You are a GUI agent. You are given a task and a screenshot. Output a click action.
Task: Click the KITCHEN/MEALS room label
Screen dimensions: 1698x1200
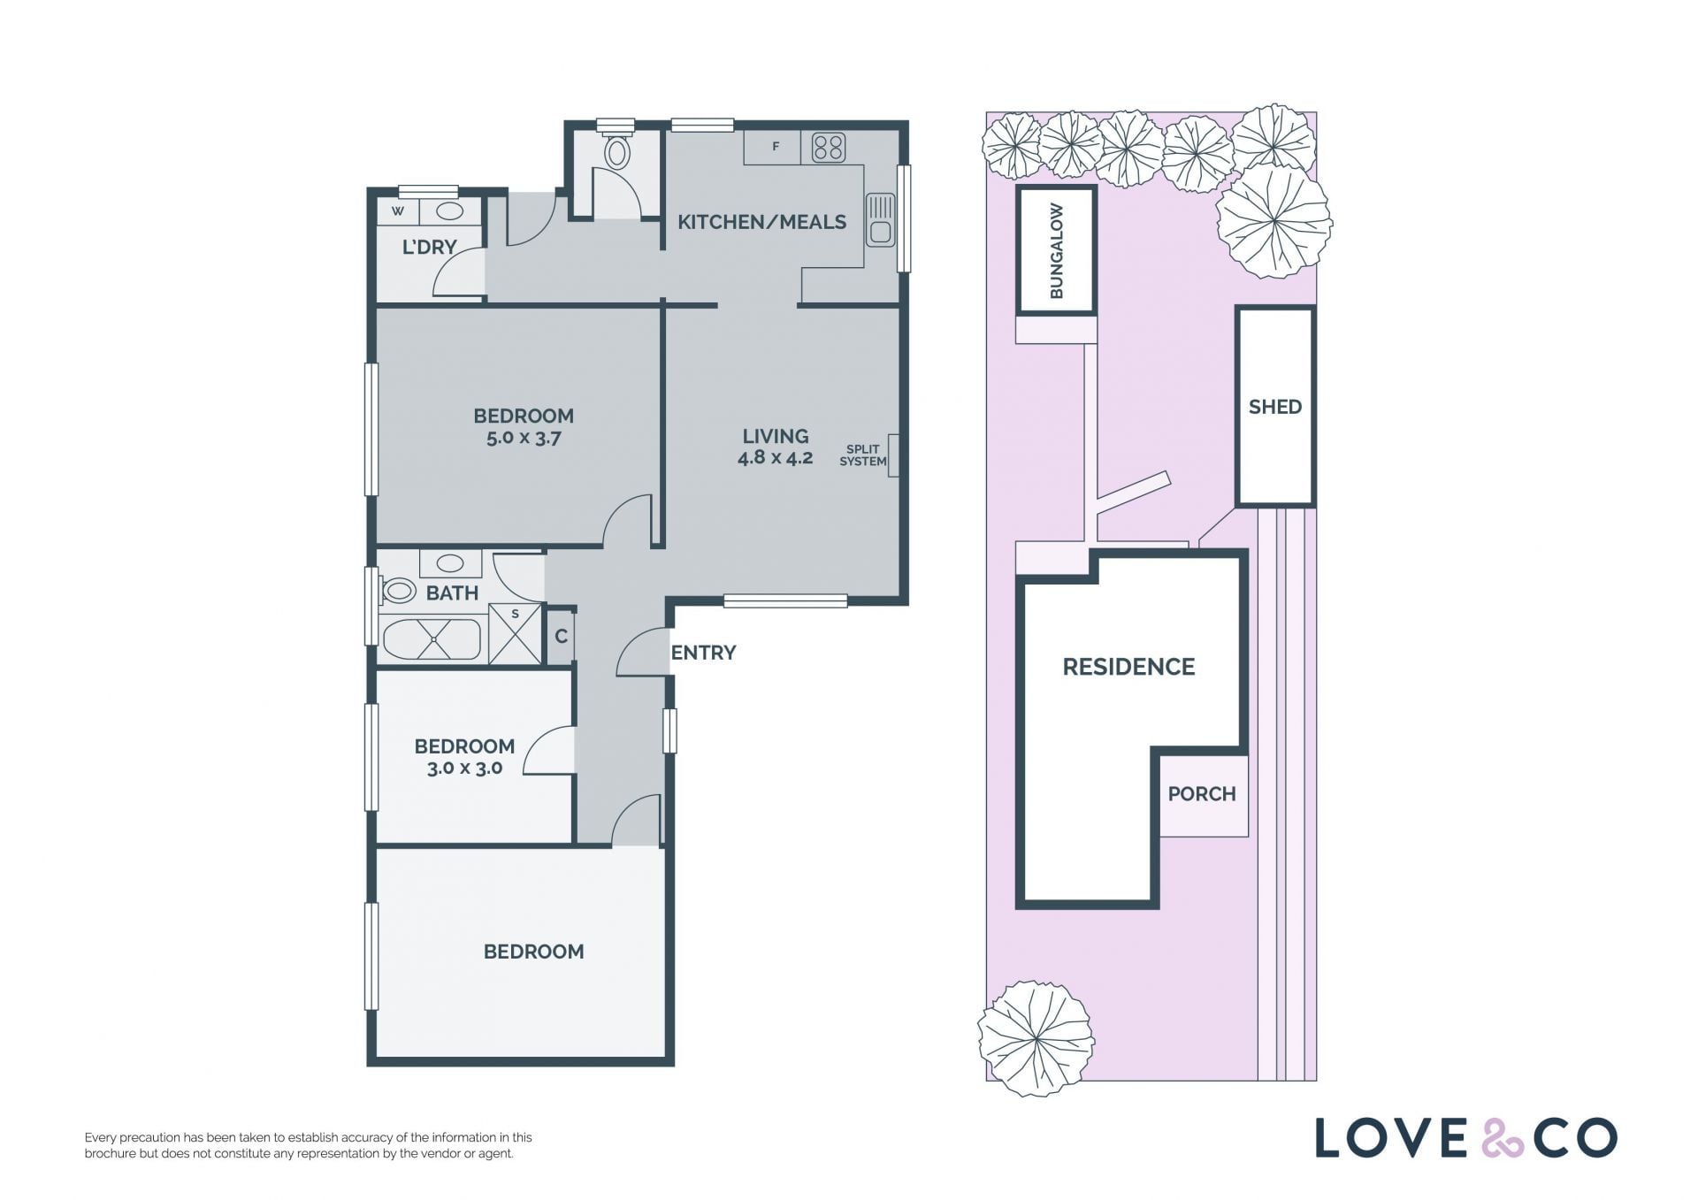click(761, 222)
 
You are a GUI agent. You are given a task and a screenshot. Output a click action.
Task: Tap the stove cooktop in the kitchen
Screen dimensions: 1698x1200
click(828, 148)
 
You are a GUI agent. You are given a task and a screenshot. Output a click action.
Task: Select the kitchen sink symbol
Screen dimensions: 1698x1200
click(880, 220)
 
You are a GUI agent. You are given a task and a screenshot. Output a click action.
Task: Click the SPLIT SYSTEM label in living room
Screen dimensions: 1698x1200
click(862, 455)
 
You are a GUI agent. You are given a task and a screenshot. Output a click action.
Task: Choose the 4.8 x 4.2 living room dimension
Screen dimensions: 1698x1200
click(775, 458)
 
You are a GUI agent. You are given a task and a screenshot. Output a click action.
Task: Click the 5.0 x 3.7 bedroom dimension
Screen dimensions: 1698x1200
click(524, 438)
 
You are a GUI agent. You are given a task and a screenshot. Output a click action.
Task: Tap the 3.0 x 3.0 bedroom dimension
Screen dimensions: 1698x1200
click(464, 768)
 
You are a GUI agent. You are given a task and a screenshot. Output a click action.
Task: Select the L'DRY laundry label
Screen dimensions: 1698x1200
click(429, 248)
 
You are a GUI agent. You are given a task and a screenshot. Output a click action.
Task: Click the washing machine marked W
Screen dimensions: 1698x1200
click(398, 211)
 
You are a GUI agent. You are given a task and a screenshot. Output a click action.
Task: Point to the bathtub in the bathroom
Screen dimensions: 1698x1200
click(432, 638)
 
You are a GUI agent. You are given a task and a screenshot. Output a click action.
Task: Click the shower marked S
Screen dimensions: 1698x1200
click(515, 633)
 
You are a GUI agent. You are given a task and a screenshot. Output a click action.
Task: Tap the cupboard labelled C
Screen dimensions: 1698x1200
click(561, 637)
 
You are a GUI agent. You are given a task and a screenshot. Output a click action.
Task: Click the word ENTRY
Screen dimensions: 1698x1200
click(703, 653)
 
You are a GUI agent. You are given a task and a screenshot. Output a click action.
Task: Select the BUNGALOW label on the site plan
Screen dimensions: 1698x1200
click(1056, 251)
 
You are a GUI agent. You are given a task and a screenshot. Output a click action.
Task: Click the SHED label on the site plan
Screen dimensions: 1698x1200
click(1274, 407)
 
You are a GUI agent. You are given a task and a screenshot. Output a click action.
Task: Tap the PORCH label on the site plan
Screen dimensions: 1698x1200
click(1201, 794)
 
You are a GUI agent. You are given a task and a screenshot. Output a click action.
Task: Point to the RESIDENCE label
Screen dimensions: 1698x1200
click(1128, 667)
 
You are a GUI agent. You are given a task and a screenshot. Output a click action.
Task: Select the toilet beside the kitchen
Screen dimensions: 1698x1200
click(617, 151)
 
